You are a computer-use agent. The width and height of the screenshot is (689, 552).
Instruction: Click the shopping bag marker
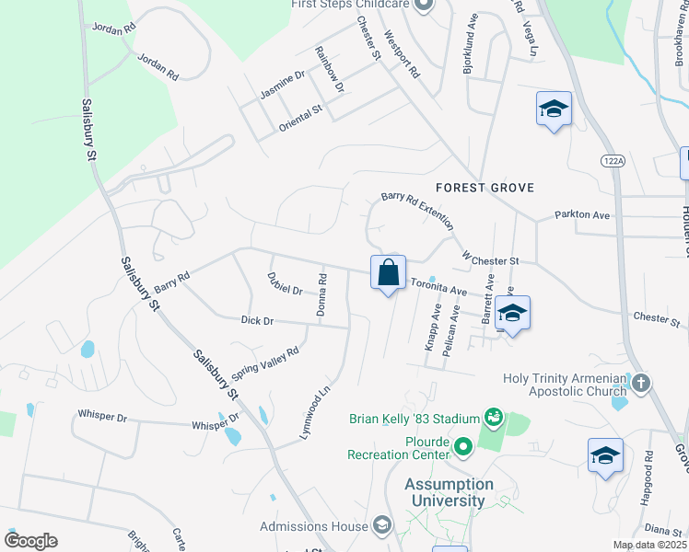click(x=389, y=272)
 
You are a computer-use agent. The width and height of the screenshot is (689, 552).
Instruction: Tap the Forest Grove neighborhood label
click(x=485, y=188)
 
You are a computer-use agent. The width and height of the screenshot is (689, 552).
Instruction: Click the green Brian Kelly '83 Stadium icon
click(x=496, y=419)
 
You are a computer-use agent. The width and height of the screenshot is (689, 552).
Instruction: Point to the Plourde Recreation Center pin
click(x=462, y=447)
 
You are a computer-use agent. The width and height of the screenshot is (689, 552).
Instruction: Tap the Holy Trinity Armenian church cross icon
click(x=641, y=381)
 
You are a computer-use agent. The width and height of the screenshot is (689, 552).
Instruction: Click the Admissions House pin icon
click(x=381, y=526)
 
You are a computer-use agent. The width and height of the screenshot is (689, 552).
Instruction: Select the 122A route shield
click(x=613, y=160)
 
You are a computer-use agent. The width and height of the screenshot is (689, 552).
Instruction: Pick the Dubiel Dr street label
click(x=285, y=283)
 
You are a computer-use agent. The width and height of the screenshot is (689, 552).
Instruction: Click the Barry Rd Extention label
click(x=417, y=211)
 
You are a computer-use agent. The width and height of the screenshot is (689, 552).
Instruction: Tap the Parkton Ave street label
click(x=582, y=215)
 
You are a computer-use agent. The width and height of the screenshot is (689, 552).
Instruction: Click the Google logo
click(x=30, y=541)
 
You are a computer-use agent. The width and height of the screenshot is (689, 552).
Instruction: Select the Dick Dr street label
click(x=257, y=320)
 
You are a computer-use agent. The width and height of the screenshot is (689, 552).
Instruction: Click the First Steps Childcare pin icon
click(x=424, y=5)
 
